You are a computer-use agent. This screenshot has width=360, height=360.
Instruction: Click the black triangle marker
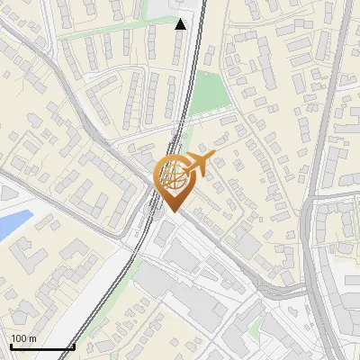coord(180,24)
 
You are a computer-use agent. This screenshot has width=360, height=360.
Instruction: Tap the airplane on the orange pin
coord(196,164)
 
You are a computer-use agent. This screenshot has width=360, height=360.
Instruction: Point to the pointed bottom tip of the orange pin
coord(173,211)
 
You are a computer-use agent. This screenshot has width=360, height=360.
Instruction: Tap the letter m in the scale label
coord(33,339)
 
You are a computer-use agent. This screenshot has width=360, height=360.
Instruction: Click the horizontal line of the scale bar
coord(40,347)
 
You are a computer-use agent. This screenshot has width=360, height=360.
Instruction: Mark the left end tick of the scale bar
coord(10,346)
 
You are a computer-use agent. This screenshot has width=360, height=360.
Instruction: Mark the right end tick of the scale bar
coord(73,346)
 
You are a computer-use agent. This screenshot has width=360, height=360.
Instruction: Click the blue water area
coord(13,224)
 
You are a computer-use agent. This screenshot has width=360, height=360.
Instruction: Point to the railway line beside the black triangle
coord(193,36)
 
